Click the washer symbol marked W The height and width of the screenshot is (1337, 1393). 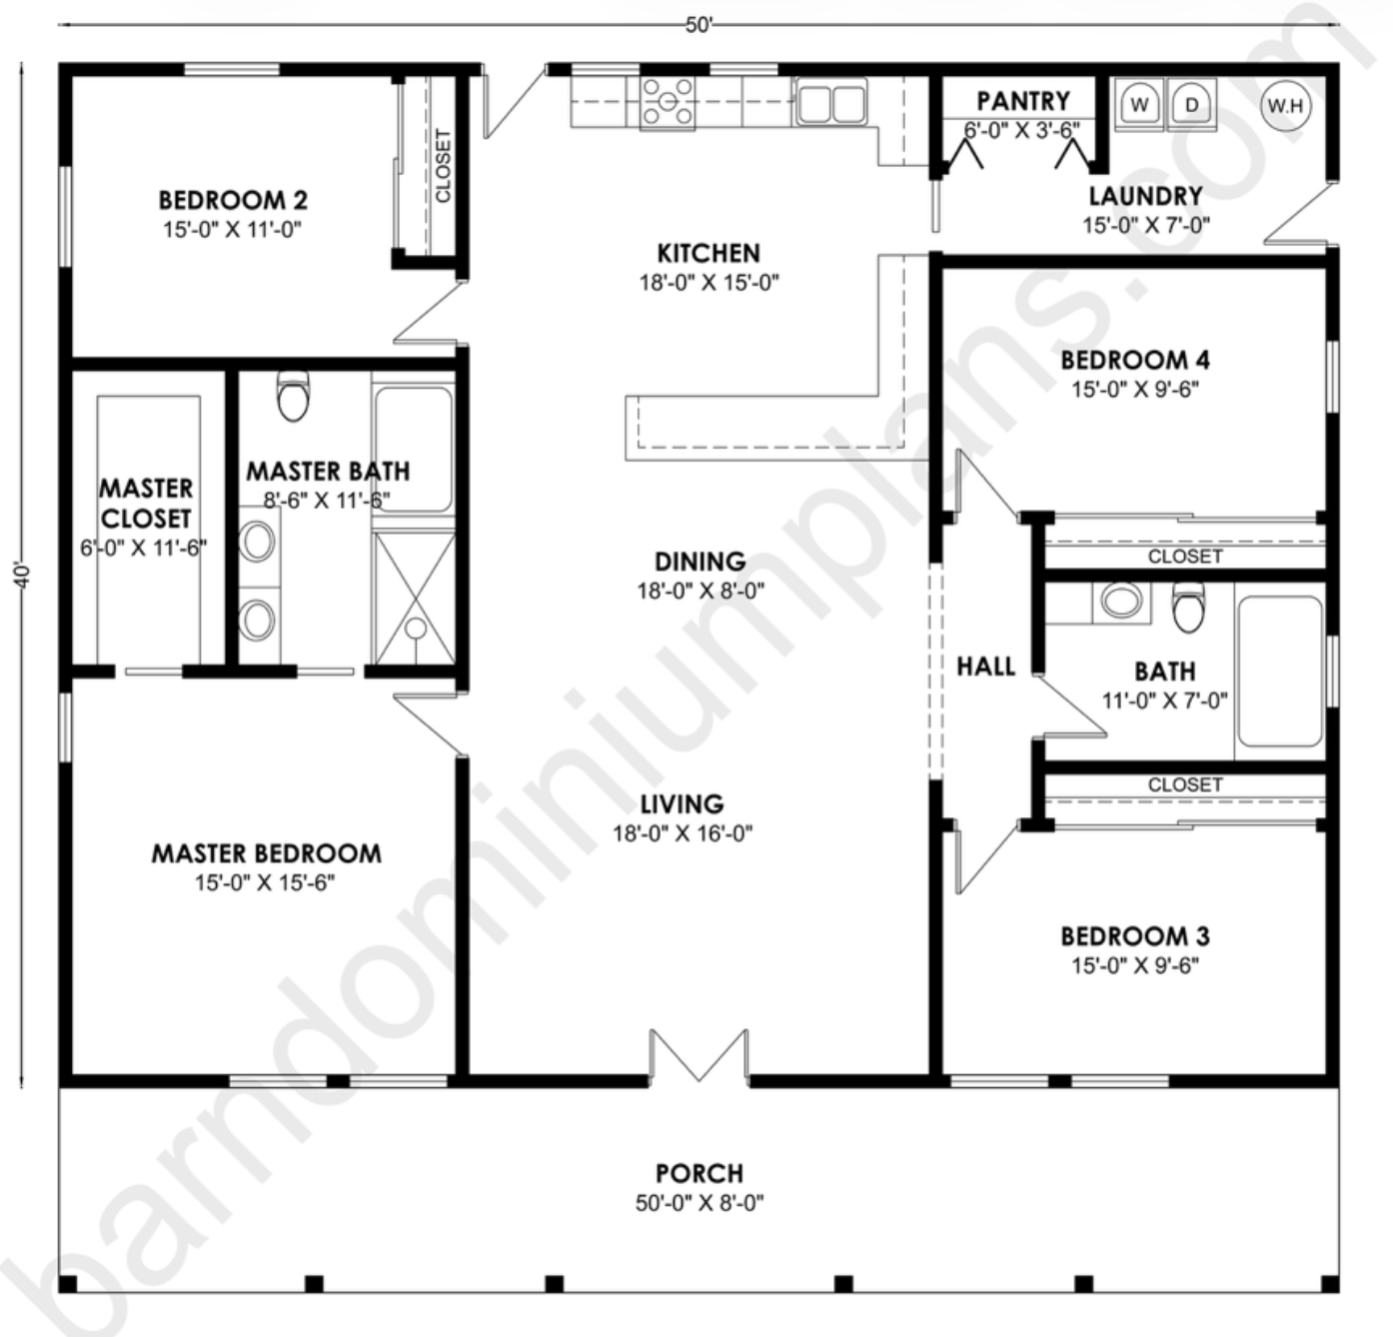1140,105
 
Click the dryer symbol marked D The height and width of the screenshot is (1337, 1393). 1191,105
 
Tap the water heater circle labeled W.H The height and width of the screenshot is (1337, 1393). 1286,105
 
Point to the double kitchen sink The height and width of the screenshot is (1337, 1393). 831,103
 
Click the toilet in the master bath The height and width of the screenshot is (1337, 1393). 293,397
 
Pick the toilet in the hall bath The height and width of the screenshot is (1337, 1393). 1189,607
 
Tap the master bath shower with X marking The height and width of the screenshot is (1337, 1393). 414,598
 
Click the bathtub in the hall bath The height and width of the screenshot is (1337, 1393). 1279,671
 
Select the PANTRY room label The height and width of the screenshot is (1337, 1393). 1022,101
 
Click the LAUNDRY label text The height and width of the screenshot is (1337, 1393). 1145,196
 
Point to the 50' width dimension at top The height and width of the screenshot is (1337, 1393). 698,26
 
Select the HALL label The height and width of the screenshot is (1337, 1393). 985,667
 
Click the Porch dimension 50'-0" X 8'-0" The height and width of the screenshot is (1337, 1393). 699,1203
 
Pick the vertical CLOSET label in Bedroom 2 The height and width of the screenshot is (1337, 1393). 443,166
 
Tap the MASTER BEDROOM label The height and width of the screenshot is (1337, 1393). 266,853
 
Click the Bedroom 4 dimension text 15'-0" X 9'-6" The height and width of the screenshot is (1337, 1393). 1135,390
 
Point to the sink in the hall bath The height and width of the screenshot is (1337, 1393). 1121,602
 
